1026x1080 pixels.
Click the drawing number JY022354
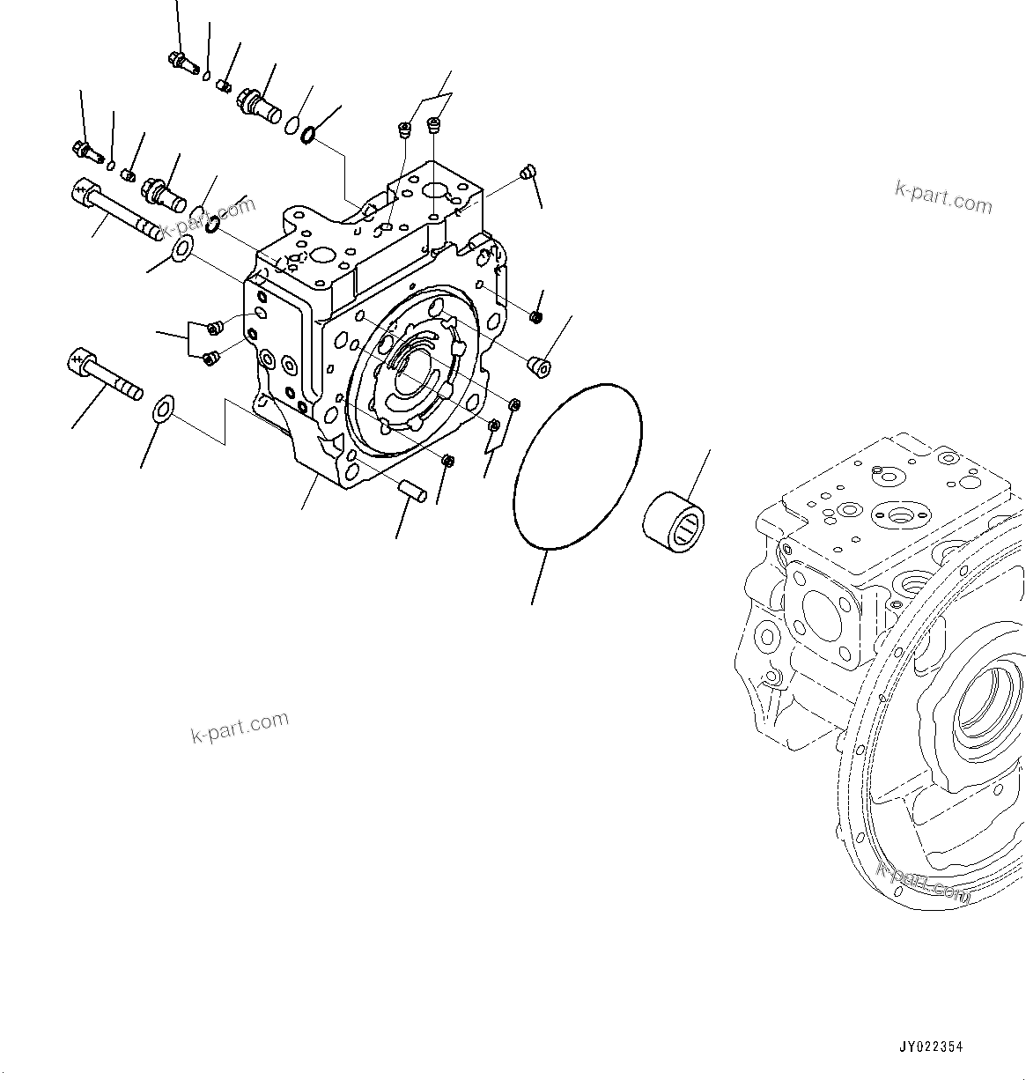click(931, 1047)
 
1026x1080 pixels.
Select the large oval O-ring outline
click(577, 466)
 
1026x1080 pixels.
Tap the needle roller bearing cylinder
click(676, 527)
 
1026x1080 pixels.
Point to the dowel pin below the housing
click(412, 490)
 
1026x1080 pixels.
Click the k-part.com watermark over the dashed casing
click(923, 877)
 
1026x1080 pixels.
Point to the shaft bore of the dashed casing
click(985, 704)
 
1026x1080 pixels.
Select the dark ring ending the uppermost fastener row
click(309, 135)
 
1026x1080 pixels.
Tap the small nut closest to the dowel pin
click(447, 462)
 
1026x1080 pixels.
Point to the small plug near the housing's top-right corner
click(528, 172)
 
